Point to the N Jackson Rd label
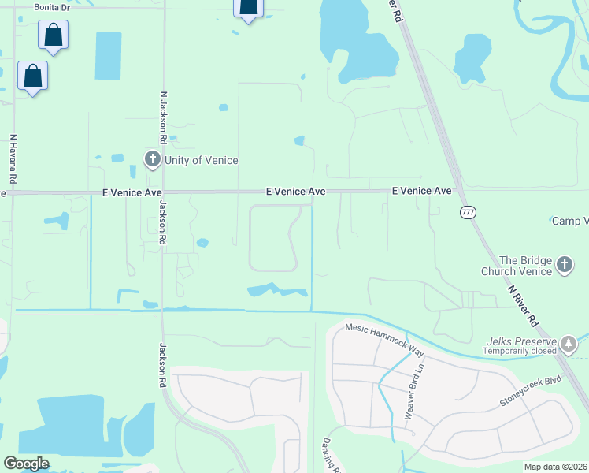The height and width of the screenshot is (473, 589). click(163, 116)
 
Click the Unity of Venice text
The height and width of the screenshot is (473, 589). click(201, 160)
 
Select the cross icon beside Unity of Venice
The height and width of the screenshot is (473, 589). click(152, 160)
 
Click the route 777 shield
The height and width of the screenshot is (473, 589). click(469, 212)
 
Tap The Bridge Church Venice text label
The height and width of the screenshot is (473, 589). click(520, 266)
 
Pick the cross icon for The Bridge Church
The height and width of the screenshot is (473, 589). click(564, 266)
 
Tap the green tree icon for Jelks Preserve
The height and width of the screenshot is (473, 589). click(568, 344)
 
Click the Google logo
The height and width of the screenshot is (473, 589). click(26, 464)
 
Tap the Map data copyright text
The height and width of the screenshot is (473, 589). click(556, 467)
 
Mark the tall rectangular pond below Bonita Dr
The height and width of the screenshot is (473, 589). click(108, 56)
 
